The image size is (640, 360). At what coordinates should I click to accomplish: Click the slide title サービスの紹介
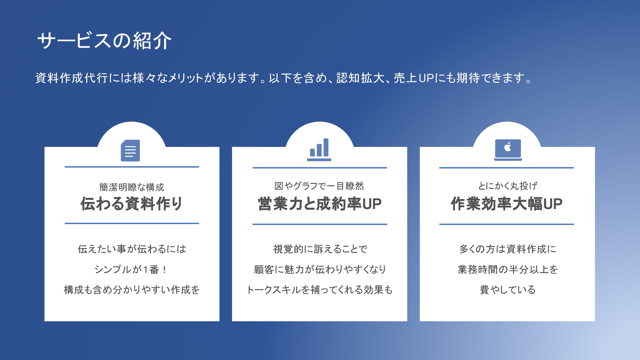pos(104,40)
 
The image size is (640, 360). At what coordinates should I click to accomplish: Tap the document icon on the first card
pos(130,150)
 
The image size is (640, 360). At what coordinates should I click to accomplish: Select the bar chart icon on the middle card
pos(319,150)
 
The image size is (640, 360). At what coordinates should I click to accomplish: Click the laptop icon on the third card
pos(508,150)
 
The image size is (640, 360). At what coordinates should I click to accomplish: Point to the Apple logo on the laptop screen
pos(508,146)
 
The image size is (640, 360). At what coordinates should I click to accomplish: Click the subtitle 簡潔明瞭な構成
pos(132,187)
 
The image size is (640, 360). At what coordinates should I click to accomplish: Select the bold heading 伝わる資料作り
pos(132,204)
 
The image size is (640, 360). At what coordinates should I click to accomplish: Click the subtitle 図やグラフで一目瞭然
pos(319,186)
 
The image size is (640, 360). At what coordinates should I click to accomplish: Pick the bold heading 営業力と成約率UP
pos(319,204)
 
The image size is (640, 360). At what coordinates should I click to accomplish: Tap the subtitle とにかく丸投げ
pos(508,186)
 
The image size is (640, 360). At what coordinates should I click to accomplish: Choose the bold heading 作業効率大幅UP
pos(507,204)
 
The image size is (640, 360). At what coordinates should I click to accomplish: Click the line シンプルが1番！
pos(131,269)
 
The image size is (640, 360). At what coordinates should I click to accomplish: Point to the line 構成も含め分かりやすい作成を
pos(132,290)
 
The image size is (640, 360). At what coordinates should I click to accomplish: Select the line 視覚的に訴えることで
pos(320,249)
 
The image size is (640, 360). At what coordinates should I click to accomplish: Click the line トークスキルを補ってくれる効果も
pos(319,290)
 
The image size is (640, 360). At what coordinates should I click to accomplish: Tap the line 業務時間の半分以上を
pos(508,269)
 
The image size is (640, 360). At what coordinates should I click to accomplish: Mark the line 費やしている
pos(508,290)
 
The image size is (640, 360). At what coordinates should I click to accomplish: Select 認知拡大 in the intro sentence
pos(360,78)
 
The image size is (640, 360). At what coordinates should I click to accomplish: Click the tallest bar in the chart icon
pos(326,147)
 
